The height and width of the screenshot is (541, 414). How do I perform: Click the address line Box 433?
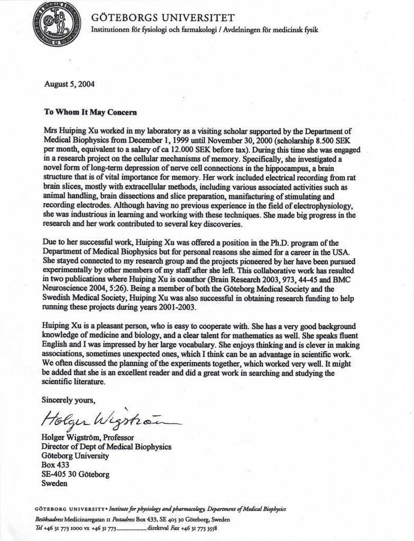pyautogui.click(x=55, y=465)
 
